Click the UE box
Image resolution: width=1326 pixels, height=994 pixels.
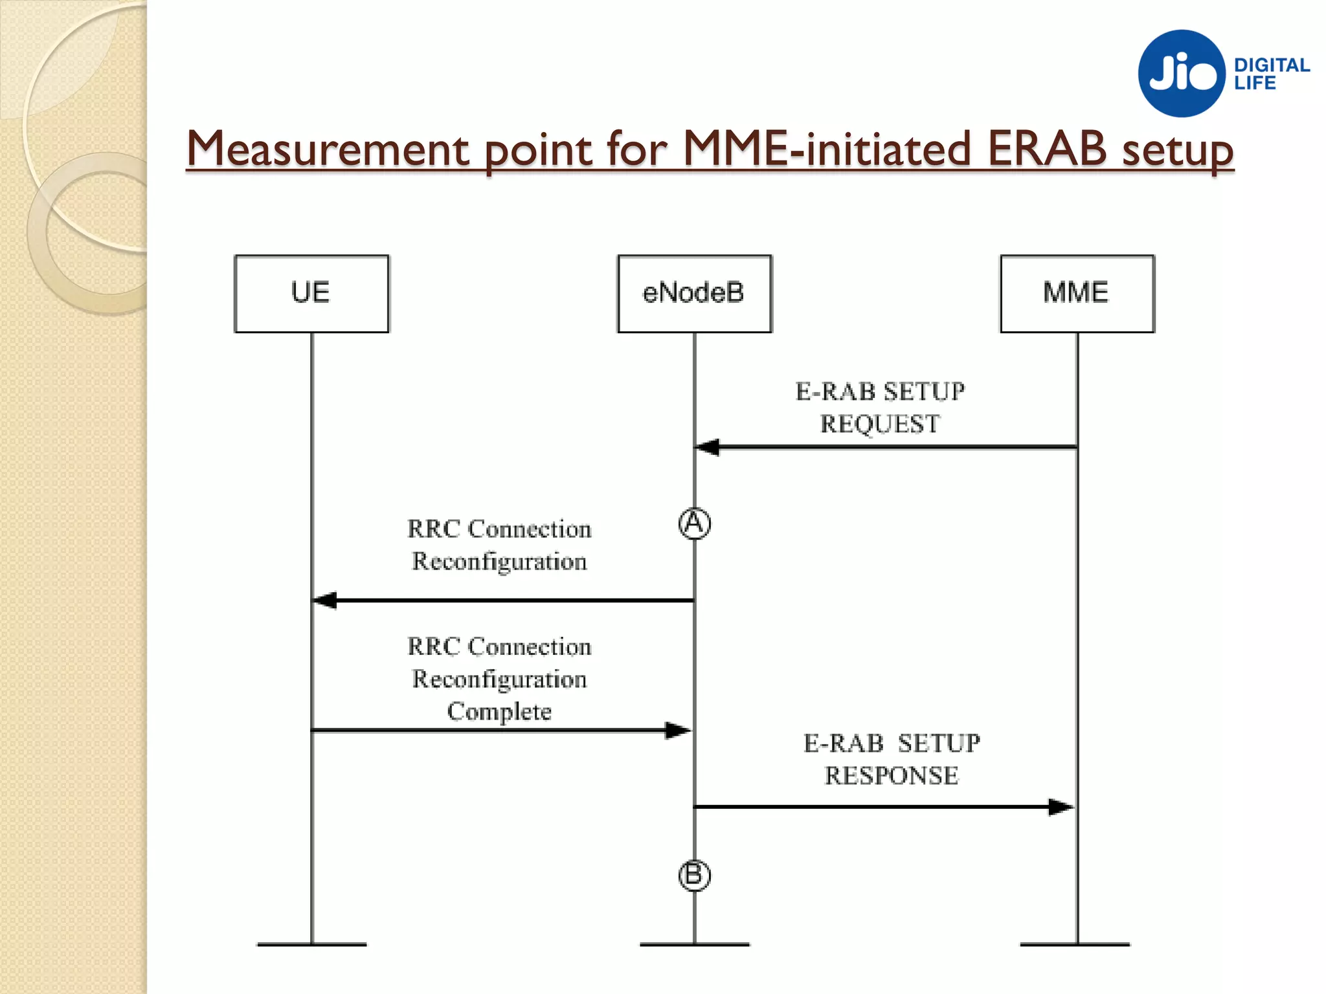311,294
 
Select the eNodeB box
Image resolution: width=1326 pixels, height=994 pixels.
694,294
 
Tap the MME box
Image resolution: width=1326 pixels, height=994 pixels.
1077,294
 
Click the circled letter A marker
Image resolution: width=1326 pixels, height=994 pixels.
694,524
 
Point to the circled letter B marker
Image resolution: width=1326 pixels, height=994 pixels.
694,876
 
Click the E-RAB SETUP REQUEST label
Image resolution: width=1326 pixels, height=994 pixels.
880,408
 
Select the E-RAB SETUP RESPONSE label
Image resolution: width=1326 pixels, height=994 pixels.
892,759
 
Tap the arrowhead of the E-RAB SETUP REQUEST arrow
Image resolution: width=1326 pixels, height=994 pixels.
707,447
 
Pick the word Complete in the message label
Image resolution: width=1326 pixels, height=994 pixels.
499,711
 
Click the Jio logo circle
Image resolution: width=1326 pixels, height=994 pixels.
1182,73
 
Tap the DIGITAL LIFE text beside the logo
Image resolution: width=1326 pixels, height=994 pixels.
1271,74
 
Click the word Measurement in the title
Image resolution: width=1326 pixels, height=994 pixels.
327,149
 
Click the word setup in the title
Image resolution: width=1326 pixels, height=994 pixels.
1178,152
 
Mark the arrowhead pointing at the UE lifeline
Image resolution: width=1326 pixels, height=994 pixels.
324,601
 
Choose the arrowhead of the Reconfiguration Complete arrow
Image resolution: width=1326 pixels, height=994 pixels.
679,731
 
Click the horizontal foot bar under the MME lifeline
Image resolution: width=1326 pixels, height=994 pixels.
1075,945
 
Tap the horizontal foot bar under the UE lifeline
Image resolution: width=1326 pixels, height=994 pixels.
311,945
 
